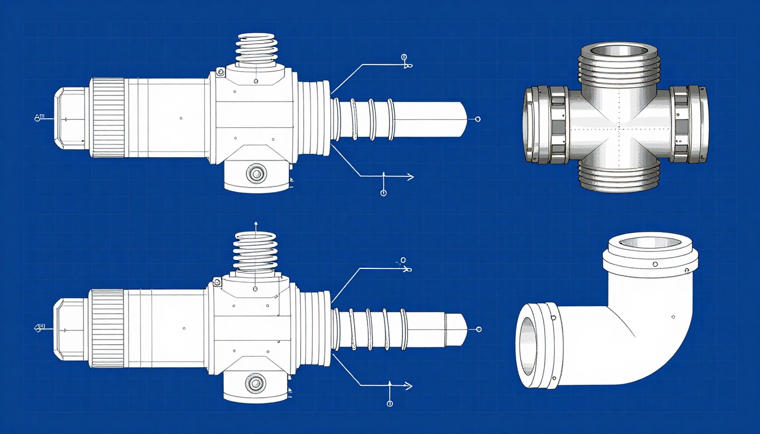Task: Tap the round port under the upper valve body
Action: [x=257, y=173]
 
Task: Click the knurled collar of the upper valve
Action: [x=107, y=118]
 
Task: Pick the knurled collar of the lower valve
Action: [x=107, y=328]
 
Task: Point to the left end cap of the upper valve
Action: [x=70, y=118]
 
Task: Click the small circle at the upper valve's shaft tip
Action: [x=478, y=119]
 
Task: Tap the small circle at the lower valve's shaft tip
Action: [x=479, y=329]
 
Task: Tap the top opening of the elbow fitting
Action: [x=647, y=242]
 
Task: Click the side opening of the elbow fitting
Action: [x=529, y=345]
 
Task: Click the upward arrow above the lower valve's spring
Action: [x=256, y=224]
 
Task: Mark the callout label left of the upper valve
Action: [x=39, y=118]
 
